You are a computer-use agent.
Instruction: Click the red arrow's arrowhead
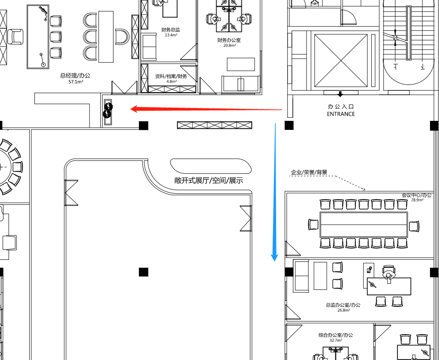click(x=134, y=109)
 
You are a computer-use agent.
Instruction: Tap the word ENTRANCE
click(x=341, y=114)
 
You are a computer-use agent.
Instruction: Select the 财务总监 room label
click(x=171, y=30)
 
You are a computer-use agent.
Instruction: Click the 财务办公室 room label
click(x=229, y=40)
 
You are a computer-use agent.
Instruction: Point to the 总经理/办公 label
click(x=75, y=75)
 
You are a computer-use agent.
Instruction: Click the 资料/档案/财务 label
click(x=171, y=76)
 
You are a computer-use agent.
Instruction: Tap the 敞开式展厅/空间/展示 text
click(x=209, y=180)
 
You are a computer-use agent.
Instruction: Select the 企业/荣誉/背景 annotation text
click(x=309, y=172)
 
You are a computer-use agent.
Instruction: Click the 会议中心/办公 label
click(x=417, y=195)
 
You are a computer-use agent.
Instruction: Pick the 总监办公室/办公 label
click(x=343, y=305)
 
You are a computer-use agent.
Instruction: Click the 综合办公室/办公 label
click(x=336, y=335)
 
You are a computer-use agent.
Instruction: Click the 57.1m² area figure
click(x=75, y=82)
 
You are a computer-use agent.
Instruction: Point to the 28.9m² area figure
click(x=417, y=200)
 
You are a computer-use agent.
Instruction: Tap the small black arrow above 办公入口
click(x=340, y=94)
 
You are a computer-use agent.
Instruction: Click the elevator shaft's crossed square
click(x=341, y=60)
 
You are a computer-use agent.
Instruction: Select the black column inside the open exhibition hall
click(x=144, y=272)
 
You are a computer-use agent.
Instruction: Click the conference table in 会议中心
click(x=364, y=225)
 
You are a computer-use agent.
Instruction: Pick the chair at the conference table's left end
click(x=313, y=225)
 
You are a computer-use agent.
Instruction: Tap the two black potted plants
click(x=108, y=110)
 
